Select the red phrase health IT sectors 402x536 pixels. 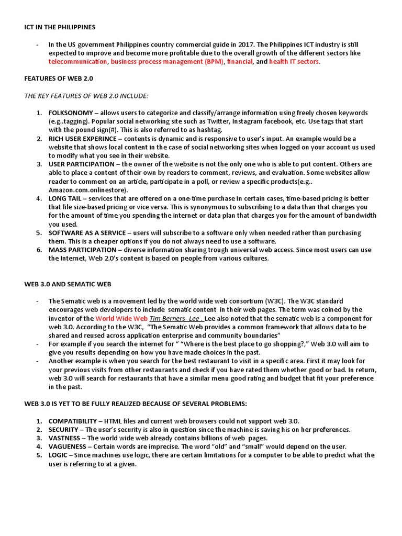pyautogui.click(x=294, y=62)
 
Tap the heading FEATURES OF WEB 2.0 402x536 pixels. pyautogui.click(x=59, y=79)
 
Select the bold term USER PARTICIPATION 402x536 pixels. pyautogui.click(x=81, y=164)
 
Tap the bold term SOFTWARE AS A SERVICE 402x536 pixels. pyautogui.click(x=87, y=233)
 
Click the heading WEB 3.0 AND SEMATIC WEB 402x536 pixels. pyautogui.click(x=68, y=284)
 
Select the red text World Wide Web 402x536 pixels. pyautogui.click(x=121, y=318)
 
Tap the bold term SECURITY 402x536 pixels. pyautogui.click(x=63, y=430)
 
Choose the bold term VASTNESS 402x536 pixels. pyautogui.click(x=64, y=438)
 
